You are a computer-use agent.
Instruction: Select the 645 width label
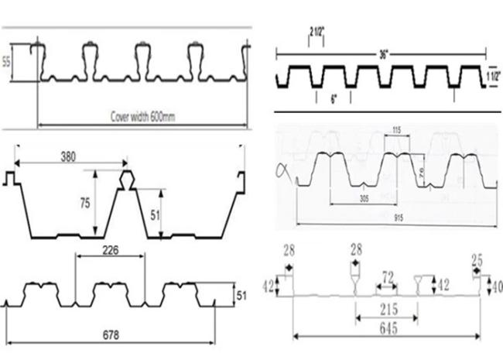point(389,328)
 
